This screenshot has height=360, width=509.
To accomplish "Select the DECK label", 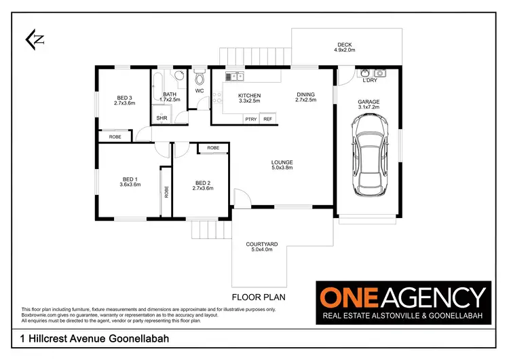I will tap(344, 46).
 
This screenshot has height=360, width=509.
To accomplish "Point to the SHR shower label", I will tap(162, 118).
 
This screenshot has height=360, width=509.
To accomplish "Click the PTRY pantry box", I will tap(250, 119).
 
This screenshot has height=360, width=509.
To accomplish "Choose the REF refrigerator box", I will tap(267, 119).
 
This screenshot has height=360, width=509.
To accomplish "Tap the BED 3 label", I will tap(124, 97).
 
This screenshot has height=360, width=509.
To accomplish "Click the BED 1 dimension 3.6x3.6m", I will tap(130, 184).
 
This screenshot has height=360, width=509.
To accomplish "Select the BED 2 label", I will tap(204, 182).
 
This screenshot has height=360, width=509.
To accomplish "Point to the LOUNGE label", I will tap(282, 162).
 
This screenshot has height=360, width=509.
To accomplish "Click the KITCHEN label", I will tap(249, 96).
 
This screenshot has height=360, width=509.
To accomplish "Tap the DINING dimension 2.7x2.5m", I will tap(305, 101).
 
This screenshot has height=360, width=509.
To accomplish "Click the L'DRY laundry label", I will tap(370, 81).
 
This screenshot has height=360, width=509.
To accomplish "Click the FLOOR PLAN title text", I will tap(259, 297).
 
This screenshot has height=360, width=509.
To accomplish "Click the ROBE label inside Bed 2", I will tap(213, 147).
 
